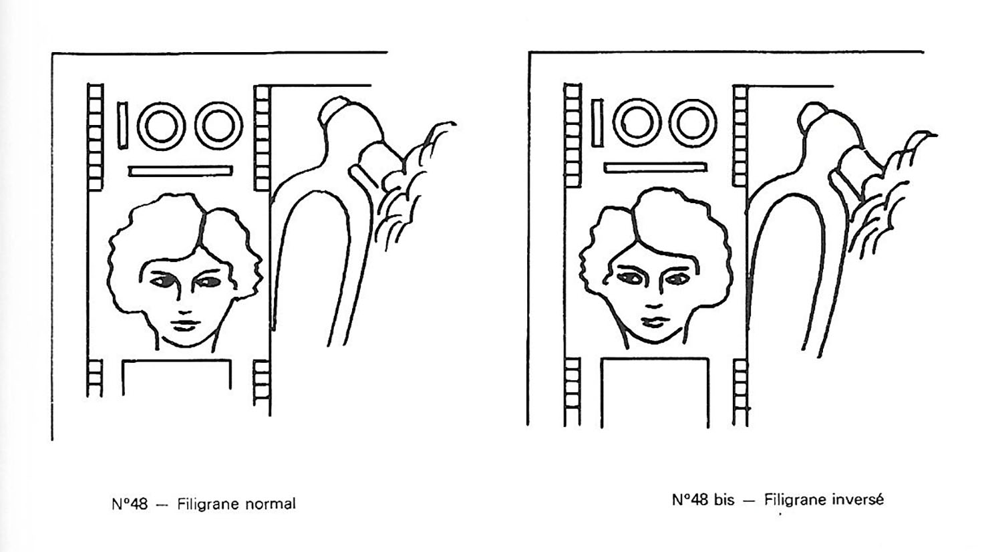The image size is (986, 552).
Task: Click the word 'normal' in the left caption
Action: point(271,504)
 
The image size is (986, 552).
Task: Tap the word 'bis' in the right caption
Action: point(724,500)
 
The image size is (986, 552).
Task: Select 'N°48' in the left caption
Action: point(130,504)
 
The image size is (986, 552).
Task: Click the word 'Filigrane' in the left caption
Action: point(209,505)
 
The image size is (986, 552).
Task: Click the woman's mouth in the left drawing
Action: point(185,325)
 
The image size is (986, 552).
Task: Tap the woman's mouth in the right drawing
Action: point(654,322)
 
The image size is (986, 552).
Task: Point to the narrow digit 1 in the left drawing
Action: point(123,126)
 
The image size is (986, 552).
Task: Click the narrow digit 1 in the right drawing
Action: point(597,123)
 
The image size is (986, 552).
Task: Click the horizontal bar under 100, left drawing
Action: point(180,171)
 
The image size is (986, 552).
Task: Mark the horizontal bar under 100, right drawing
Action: point(655,168)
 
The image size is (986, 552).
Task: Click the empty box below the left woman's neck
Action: point(176,361)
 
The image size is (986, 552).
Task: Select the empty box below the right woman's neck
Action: point(655,359)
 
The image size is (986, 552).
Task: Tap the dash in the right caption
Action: point(750,501)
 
